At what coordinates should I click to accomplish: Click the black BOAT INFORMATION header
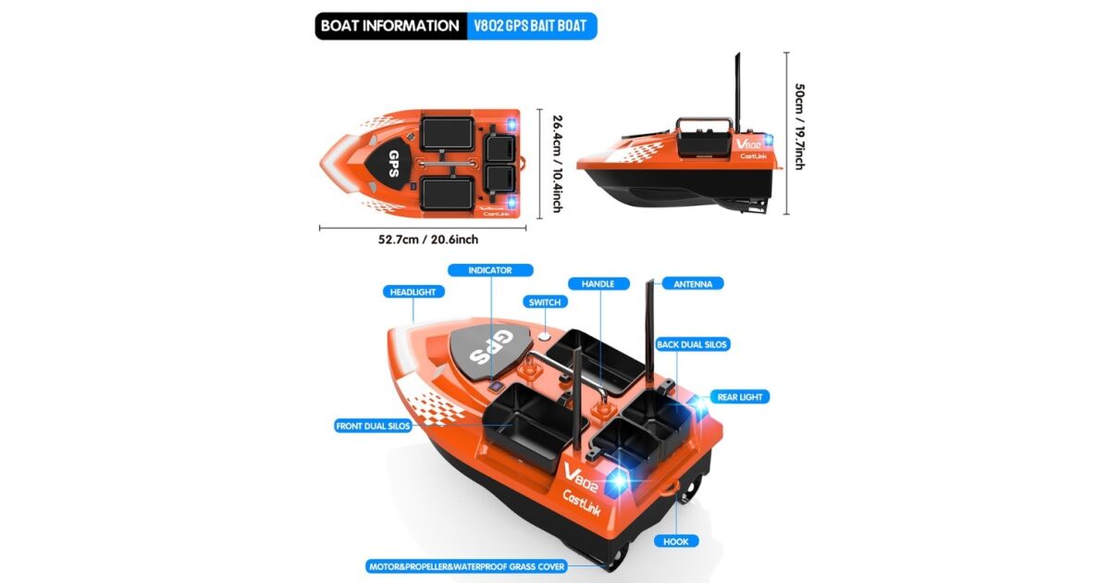coord(390,26)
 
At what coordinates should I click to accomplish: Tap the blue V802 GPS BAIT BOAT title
coord(531,26)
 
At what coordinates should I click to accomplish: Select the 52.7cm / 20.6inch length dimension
coord(428,240)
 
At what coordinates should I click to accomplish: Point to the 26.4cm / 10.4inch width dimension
coord(558,164)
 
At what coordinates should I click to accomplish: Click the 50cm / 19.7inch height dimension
coord(799,127)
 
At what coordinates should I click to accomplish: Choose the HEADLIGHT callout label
coord(413,292)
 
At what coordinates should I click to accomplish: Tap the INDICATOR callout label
coord(490,270)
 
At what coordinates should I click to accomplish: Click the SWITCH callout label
coord(545,302)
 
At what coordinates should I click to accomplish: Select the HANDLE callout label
coord(598,283)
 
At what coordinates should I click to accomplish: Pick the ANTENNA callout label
coord(693,284)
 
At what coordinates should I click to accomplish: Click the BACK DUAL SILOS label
coord(692,344)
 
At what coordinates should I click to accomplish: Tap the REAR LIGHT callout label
coord(740,397)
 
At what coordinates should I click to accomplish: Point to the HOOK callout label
coord(676,541)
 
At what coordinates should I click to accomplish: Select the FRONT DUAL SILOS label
coord(373,426)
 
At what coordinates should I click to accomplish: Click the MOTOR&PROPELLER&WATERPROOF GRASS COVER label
coord(467,566)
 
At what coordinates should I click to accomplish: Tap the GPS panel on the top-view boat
coord(388,163)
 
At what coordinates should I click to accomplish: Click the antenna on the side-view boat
coord(737,93)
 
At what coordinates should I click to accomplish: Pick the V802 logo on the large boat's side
coord(581,478)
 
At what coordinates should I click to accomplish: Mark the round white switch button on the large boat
coord(545,337)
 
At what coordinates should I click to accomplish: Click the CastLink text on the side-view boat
coord(753,156)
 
